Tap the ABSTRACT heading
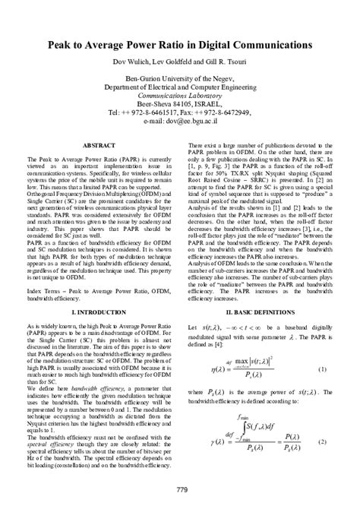coord(99,144)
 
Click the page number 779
coord(180,488)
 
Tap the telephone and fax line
coord(181,111)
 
